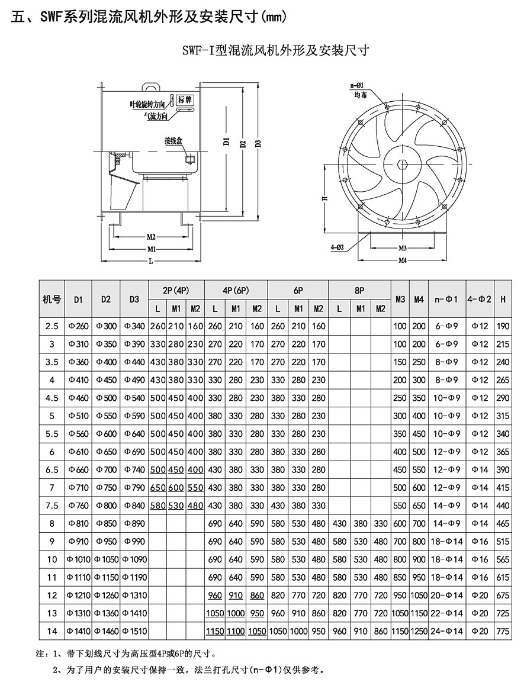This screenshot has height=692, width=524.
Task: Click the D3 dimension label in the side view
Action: pos(257,144)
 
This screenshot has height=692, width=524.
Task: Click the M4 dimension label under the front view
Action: pos(402,259)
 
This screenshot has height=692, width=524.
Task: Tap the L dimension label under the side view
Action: pos(152,260)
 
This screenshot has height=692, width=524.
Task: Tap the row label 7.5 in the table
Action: pos(53,506)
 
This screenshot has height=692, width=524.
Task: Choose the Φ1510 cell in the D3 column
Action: pos(134,631)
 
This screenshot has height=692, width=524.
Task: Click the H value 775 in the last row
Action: pos(503,631)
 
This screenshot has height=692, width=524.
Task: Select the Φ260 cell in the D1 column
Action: pos(79,326)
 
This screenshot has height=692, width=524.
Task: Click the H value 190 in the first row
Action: pos(503,326)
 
